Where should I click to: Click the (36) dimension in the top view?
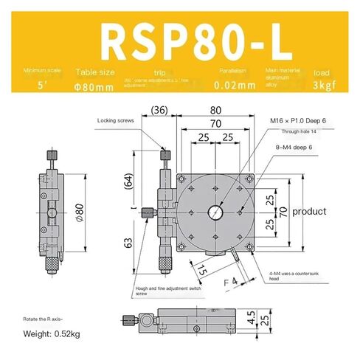tap(156, 111)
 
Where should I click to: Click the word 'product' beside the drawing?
tap(308, 212)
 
